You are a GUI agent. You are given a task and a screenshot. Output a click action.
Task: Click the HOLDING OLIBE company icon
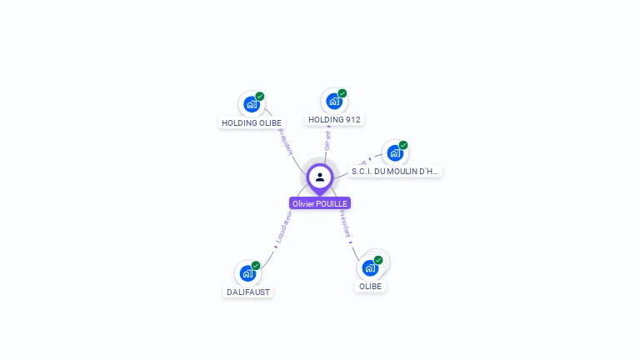click(251, 105)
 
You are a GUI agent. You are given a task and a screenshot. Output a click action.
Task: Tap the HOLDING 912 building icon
click(334, 102)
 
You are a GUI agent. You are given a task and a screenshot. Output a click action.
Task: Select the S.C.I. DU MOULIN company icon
click(395, 153)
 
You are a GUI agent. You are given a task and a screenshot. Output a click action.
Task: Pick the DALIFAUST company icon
click(247, 273)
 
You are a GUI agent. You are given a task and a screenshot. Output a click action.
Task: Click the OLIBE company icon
click(370, 268)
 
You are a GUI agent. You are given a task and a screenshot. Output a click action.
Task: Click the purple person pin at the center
click(320, 177)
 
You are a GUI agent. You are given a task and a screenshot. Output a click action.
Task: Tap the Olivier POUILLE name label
click(320, 203)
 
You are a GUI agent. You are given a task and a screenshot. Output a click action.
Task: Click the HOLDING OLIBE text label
click(252, 123)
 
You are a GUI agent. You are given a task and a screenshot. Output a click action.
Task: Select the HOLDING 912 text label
click(334, 120)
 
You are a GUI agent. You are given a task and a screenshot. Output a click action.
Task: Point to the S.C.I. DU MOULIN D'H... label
click(395, 172)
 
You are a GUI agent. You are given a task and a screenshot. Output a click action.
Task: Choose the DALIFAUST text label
click(248, 292)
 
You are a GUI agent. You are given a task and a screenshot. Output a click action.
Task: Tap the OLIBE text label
click(370, 287)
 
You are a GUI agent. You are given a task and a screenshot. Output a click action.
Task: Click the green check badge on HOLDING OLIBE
click(260, 97)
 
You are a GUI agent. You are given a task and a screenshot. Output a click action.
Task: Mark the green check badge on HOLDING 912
click(342, 93)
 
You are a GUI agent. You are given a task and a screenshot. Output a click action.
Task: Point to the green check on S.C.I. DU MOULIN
click(403, 145)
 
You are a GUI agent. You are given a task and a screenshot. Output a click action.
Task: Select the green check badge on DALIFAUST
click(256, 265)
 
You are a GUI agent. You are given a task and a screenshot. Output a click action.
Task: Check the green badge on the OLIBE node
click(378, 260)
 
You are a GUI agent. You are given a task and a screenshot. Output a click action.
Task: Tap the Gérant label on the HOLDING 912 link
click(327, 139)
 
